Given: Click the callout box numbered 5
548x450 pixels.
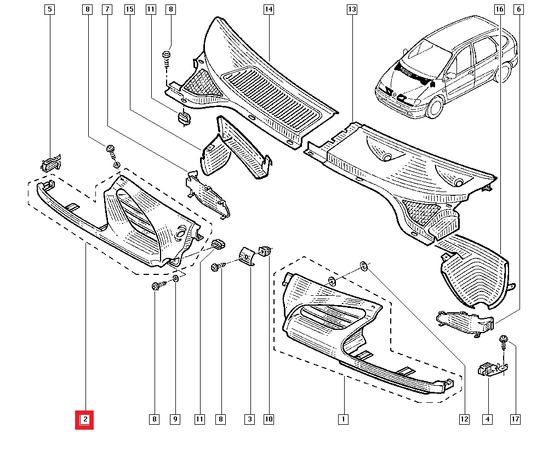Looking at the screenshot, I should pos(50,9).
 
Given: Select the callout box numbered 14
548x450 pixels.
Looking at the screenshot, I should pos(268,9).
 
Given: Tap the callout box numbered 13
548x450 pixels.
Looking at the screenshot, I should pos(351,9).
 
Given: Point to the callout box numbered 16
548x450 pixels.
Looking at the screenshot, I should pos(499,9).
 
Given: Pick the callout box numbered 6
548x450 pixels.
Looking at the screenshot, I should pos(518,9).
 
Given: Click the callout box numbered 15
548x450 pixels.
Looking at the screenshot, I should pos(129,9).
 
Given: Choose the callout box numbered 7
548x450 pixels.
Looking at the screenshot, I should pos(107,9).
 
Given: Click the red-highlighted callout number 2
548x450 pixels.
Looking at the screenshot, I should pos(85,420).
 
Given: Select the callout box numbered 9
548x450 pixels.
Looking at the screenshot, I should pos(175,420).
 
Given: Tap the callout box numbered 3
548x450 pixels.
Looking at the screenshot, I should pos(249,420).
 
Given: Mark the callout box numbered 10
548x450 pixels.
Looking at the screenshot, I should pos(269,420).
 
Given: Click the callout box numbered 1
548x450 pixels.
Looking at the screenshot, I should pos(343,420).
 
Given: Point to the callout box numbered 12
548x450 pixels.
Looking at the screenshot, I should pos(464,420).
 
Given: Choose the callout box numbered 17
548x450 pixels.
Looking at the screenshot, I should pos(515,420).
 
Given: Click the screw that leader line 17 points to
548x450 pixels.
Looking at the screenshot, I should pos(503,342).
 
